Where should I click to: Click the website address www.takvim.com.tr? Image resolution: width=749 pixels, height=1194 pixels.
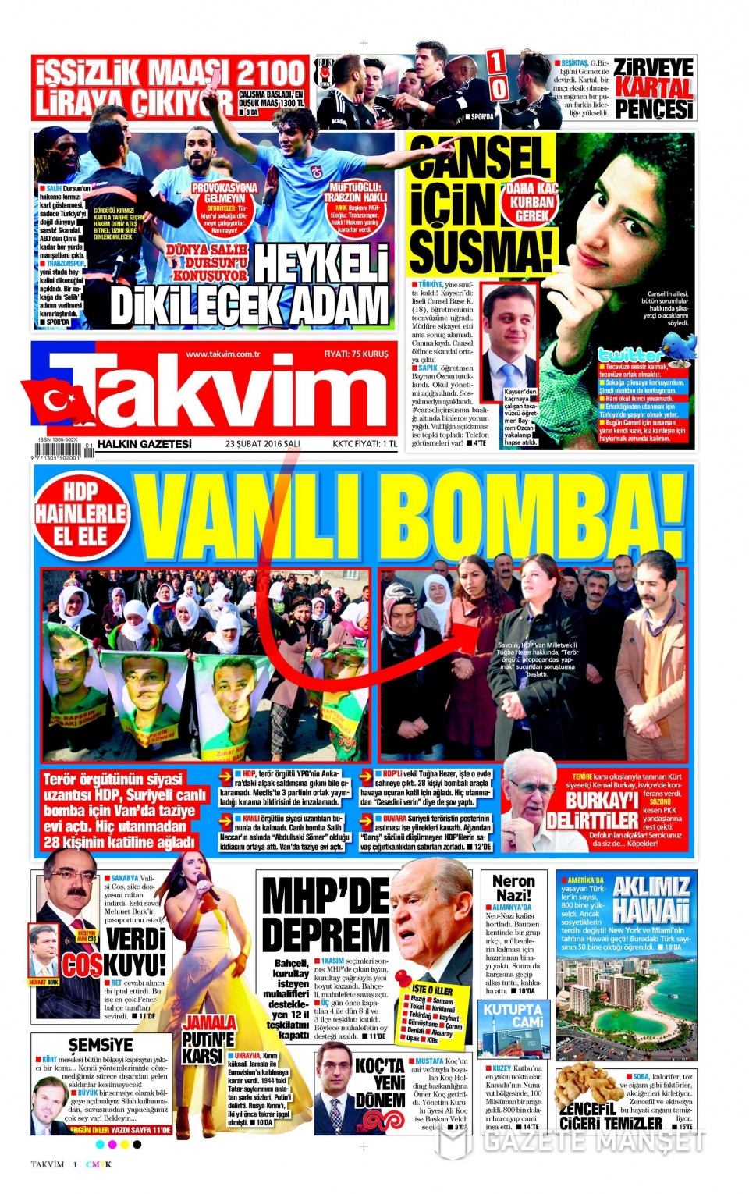tap(223, 354)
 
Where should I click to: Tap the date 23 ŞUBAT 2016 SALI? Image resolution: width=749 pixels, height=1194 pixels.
tap(263, 444)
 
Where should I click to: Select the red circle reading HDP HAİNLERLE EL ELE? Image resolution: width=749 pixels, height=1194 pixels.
tap(80, 513)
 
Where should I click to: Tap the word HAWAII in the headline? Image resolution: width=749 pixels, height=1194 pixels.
tap(651, 911)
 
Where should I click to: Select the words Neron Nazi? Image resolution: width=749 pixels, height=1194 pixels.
tap(513, 888)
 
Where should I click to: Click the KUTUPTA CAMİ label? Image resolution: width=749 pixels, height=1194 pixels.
tap(513, 1015)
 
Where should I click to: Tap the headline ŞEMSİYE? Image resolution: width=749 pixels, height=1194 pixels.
tap(101, 1044)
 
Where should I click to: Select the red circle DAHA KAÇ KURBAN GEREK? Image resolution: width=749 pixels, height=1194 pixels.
tap(531, 202)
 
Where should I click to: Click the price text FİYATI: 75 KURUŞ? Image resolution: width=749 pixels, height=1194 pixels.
tap(356, 354)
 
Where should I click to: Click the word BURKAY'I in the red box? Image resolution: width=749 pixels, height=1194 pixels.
tap(602, 801)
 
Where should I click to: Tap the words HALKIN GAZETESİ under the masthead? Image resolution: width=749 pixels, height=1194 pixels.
tap(144, 444)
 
